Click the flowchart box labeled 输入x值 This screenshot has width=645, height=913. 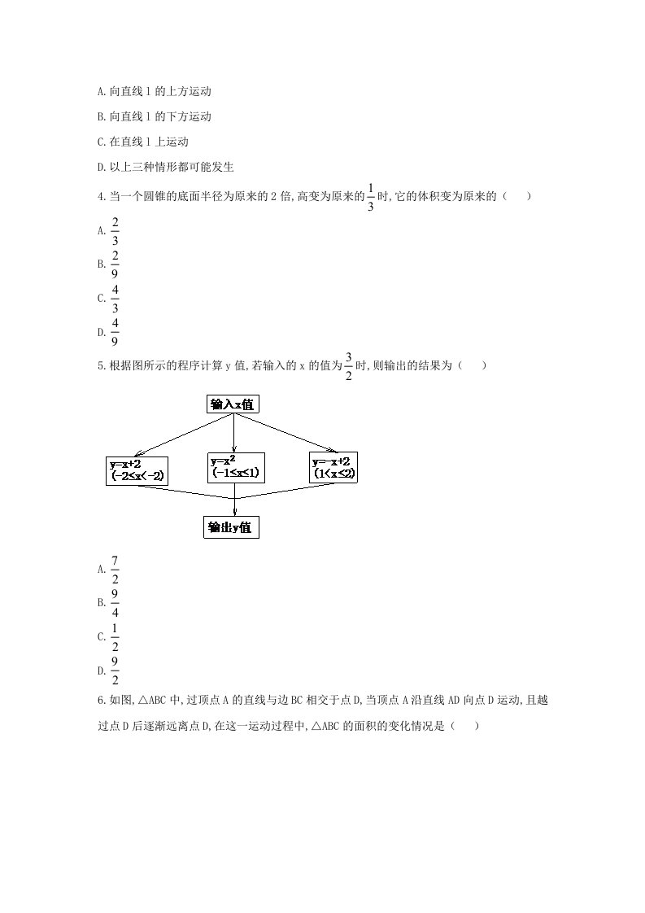234,404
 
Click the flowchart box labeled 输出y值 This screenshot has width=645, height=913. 231,527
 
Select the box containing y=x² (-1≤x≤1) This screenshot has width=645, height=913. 237,467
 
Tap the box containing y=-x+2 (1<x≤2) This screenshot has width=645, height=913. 335,468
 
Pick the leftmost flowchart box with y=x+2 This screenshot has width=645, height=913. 136,470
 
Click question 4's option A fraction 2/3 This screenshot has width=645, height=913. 115,230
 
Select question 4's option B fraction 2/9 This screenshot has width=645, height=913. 115,264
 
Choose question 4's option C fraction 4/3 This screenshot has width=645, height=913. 115,298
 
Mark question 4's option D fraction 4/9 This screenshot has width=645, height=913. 115,331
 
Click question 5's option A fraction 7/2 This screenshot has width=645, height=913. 115,569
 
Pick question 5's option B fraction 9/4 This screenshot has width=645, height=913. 115,602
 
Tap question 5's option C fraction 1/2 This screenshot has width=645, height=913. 115,636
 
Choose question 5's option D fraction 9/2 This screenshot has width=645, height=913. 115,671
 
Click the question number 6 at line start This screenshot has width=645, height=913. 99,701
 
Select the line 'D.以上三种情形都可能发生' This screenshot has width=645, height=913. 165,168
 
